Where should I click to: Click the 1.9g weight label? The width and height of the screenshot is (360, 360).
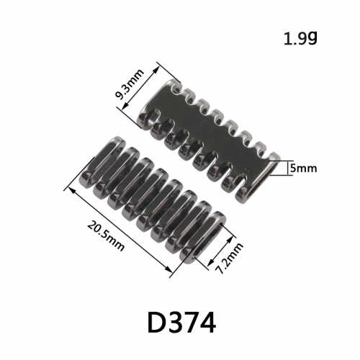click(x=300, y=39)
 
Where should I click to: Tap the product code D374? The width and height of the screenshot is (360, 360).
click(x=181, y=322)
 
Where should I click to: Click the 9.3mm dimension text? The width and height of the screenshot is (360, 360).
click(x=130, y=84)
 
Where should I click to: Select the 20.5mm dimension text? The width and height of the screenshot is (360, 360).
click(x=106, y=236)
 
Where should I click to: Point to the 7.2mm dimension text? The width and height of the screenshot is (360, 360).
click(x=229, y=258)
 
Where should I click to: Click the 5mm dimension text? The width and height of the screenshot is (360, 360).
click(x=303, y=168)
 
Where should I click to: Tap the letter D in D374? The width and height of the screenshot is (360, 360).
click(x=156, y=323)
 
